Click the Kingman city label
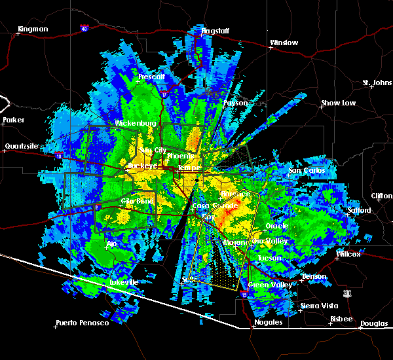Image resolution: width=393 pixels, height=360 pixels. pyautogui.click(x=33, y=29)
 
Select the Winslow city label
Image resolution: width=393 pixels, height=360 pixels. pyautogui.click(x=284, y=43)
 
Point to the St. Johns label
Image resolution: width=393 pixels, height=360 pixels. pyautogui.click(x=377, y=83)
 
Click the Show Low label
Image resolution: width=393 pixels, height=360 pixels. pyautogui.click(x=338, y=103)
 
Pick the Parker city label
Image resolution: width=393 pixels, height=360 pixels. pyautogui.click(x=13, y=120)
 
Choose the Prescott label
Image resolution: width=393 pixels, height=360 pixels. pyautogui.click(x=152, y=77)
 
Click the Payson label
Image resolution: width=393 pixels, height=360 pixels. pyautogui.click(x=236, y=103)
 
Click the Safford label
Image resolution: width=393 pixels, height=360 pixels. pyautogui.click(x=360, y=211)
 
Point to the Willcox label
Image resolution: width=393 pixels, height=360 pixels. pyautogui.click(x=348, y=254)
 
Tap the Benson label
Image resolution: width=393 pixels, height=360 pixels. pyautogui.click(x=314, y=276)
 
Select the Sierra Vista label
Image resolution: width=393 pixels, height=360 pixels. pyautogui.click(x=320, y=306)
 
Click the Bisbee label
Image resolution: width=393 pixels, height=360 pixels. pyautogui.click(x=341, y=319)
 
